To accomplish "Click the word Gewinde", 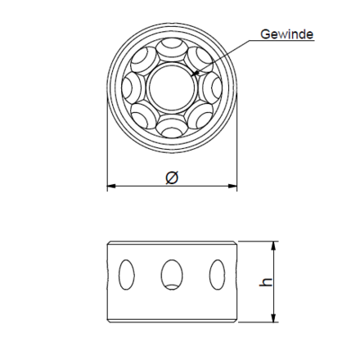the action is coord(286,34).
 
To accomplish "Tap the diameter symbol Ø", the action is coord(172,178).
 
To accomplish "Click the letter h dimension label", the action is coord(266,282).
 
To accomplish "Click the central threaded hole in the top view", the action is coord(172,87).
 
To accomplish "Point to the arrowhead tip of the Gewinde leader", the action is coord(192,75).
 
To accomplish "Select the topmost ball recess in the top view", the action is coord(172,49).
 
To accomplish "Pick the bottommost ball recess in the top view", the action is coord(172,125).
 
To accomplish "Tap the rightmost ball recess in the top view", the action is coord(210,87).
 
